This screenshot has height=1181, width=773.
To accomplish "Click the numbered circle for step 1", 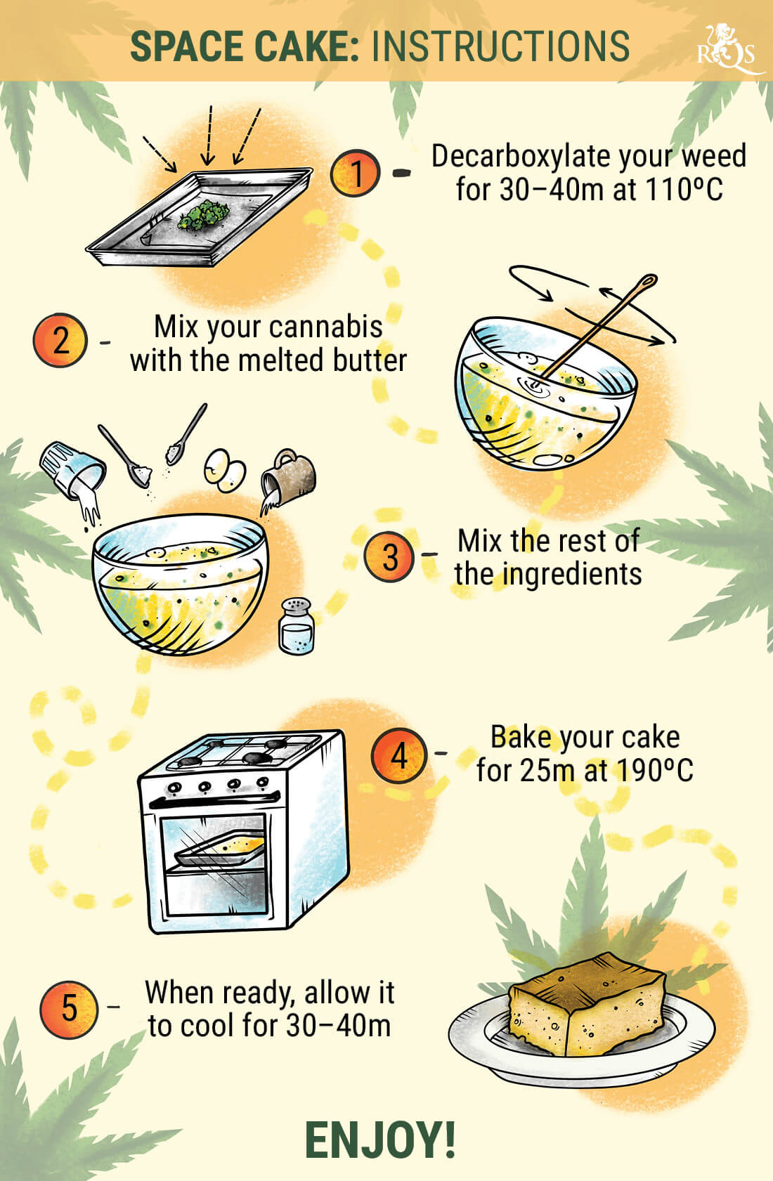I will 356,172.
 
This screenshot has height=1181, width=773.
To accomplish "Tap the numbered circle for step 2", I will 60,341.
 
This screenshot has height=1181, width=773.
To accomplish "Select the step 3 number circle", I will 389,557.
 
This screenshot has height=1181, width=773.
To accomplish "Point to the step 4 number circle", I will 398,756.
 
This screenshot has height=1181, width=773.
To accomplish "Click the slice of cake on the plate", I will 587,1009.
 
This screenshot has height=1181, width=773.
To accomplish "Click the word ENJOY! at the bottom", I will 380,1140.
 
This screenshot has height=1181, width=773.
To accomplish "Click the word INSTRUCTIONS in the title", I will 500,46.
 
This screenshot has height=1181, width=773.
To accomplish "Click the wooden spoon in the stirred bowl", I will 597,327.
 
